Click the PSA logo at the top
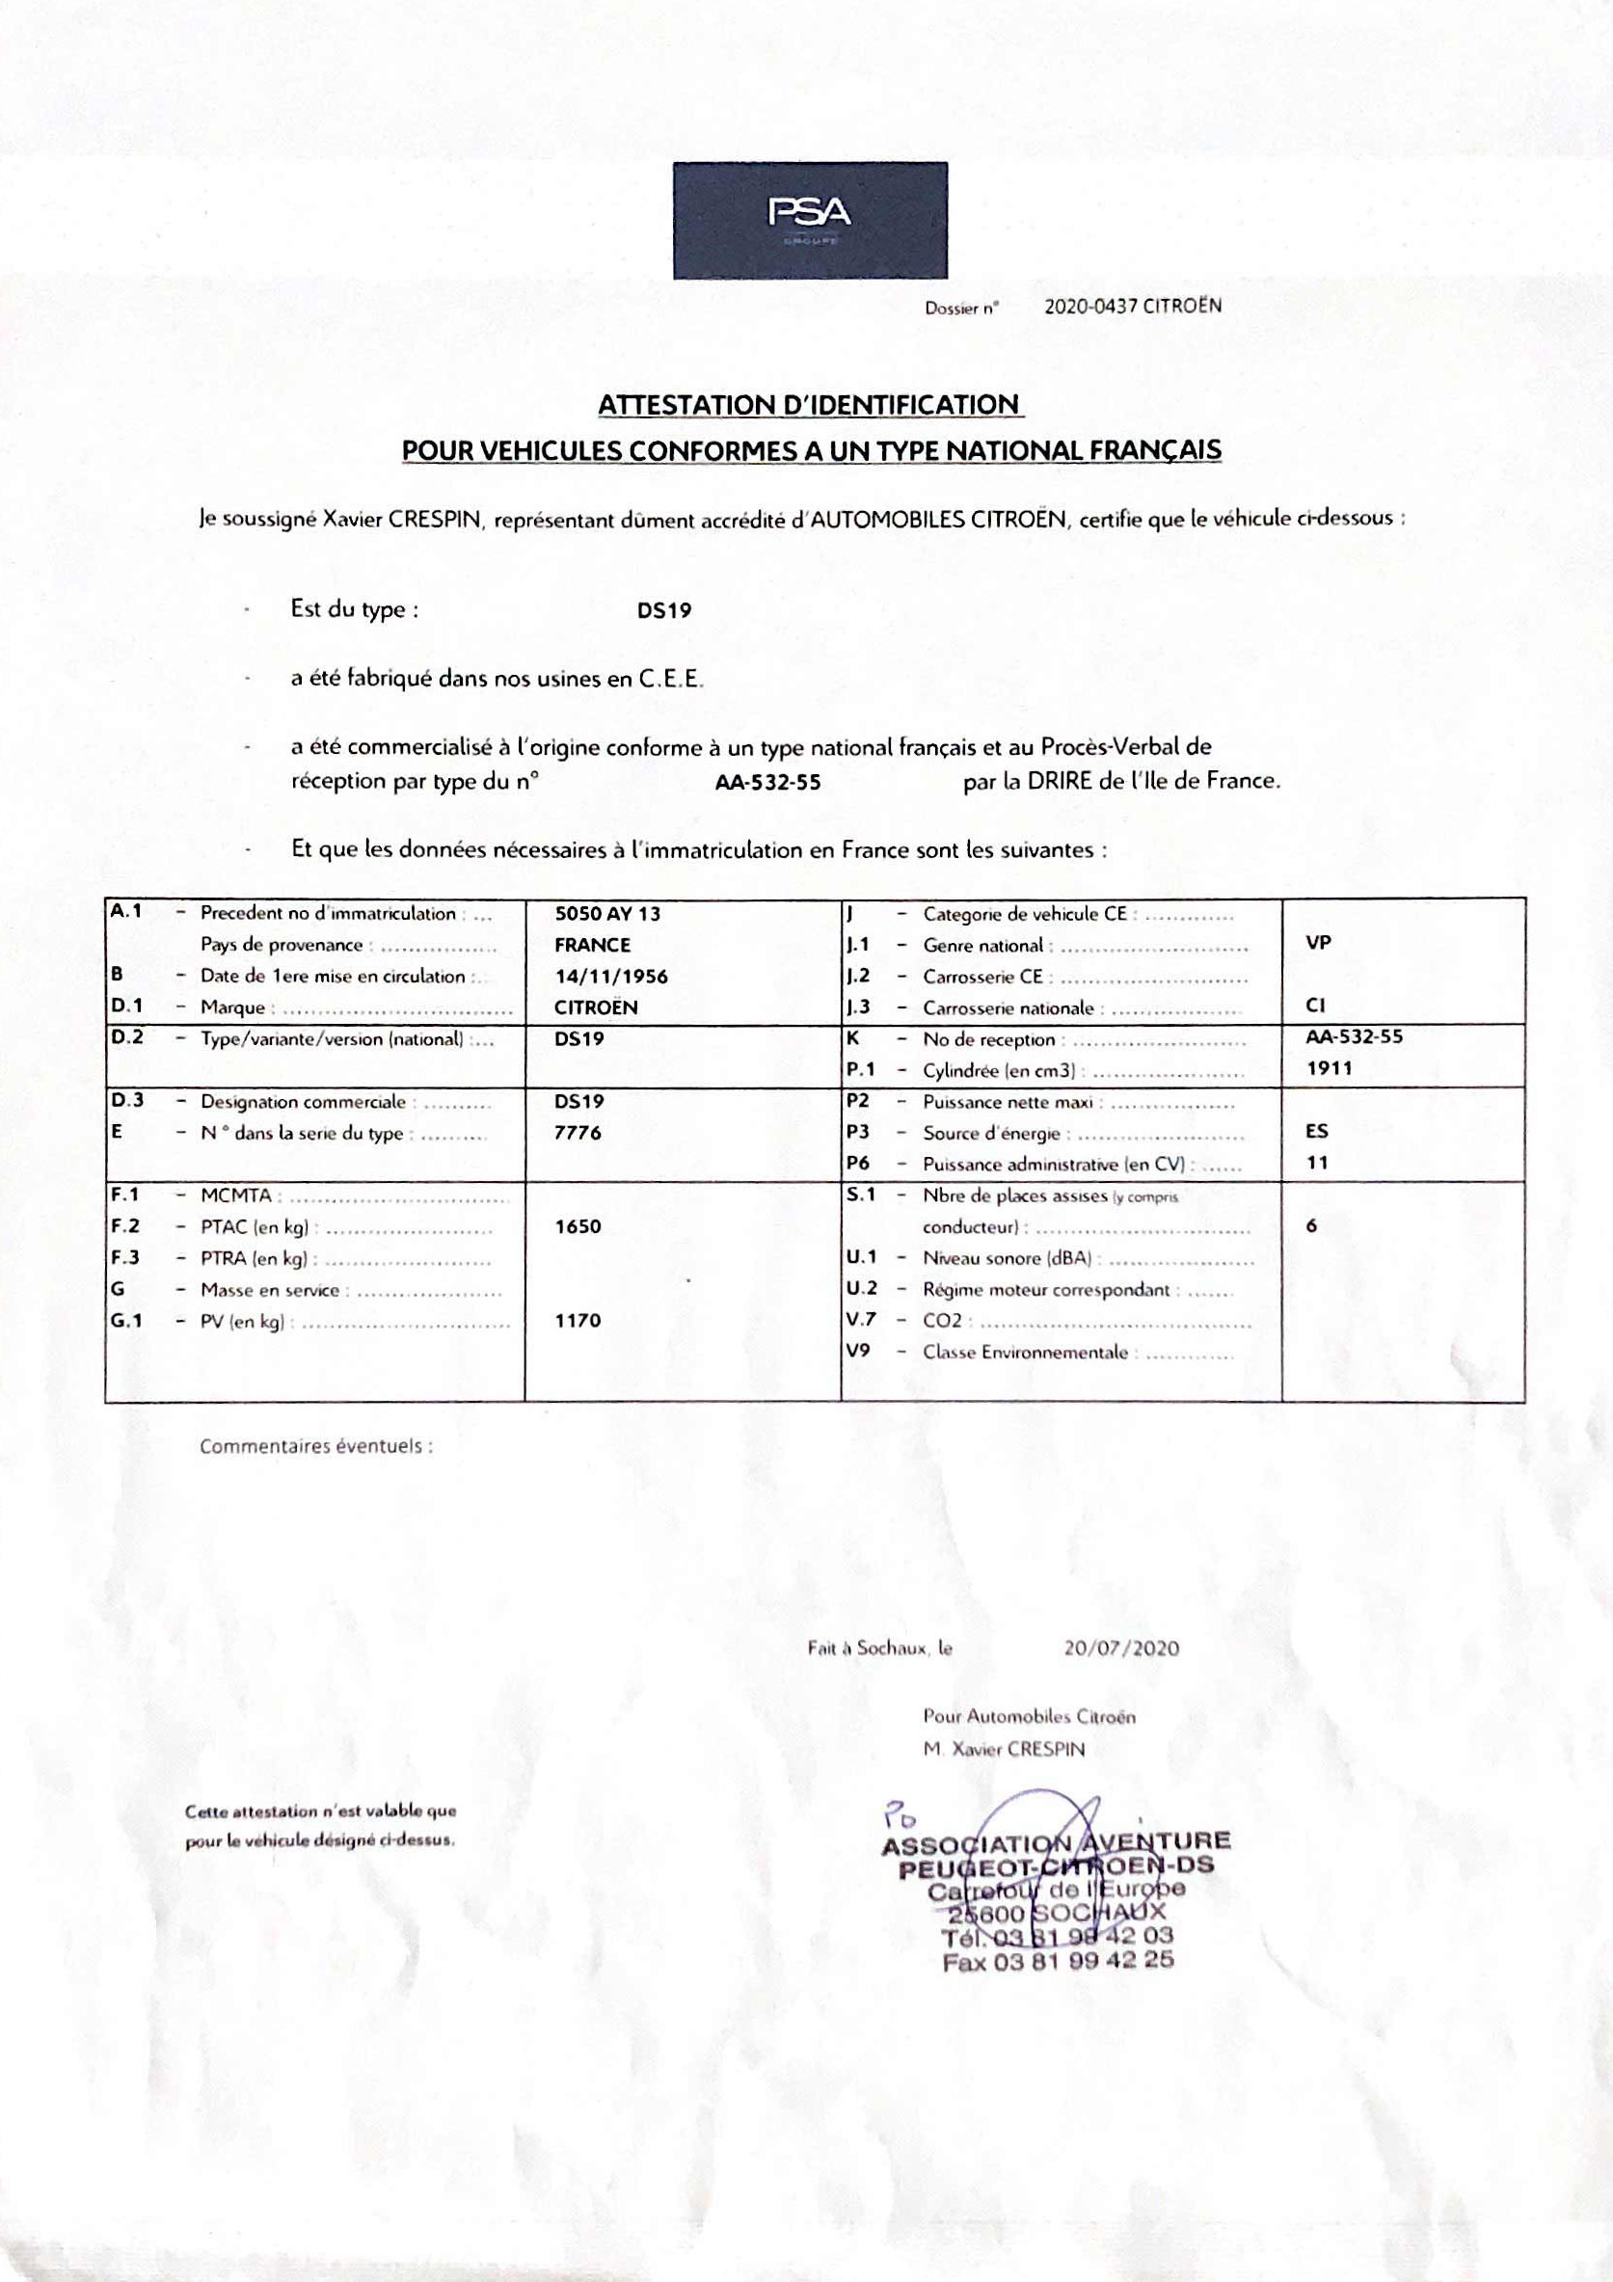[810, 220]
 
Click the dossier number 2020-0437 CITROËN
[1132, 307]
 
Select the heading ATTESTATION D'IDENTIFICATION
[809, 406]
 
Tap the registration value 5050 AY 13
[607, 913]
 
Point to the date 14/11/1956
[611, 976]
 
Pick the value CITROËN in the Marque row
[595, 1007]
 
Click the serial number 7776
[578, 1132]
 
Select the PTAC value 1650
[578, 1226]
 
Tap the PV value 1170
[578, 1320]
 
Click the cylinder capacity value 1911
[1329, 1068]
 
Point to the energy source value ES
[1317, 1131]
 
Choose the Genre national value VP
[1318, 942]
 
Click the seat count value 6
[1312, 1225]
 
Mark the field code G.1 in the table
[126, 1321]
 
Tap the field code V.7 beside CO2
[861, 1320]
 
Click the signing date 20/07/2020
[1121, 1648]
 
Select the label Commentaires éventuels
[316, 1446]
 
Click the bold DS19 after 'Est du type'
[664, 610]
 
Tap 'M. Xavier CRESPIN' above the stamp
[1004, 1748]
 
